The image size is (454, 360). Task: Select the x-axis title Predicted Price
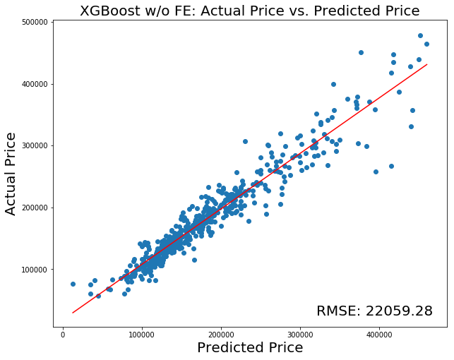tap(250, 347)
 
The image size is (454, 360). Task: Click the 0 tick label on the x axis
tap(64, 333)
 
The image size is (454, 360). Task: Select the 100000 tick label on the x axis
tap(142, 333)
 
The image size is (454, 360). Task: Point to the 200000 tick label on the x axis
tap(221, 333)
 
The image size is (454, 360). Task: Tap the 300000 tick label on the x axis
tap(300, 333)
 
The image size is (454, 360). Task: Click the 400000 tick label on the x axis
tap(379, 333)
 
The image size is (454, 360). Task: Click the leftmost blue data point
tap(73, 284)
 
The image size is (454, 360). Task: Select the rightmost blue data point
tap(426, 44)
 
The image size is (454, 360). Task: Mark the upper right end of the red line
tap(426, 64)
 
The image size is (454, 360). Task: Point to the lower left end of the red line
tap(73, 312)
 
